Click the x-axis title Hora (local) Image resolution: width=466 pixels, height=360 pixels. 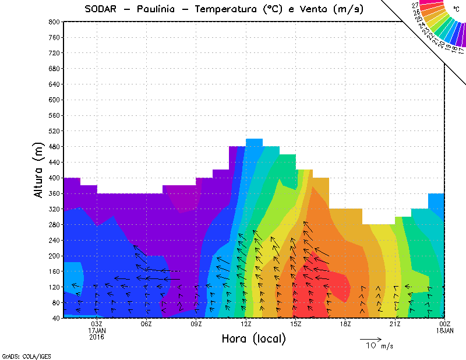(x=253, y=338)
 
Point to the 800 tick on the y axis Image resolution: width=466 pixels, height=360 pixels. (x=54, y=22)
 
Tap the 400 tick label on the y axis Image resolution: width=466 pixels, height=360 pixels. (x=54, y=178)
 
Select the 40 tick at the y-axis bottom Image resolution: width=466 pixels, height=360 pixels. (x=56, y=318)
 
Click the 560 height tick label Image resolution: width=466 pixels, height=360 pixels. (x=54, y=115)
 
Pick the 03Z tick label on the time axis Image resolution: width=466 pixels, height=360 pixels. (x=97, y=324)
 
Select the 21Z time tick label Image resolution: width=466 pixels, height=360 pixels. (x=395, y=324)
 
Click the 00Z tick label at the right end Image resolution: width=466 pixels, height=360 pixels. (x=444, y=324)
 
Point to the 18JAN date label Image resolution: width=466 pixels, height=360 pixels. (x=444, y=330)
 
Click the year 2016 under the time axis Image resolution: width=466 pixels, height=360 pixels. (x=97, y=337)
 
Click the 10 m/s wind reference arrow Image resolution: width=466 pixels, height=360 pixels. (x=370, y=338)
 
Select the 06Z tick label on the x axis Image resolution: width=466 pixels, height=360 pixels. (x=146, y=324)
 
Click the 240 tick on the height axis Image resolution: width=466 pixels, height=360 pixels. (x=54, y=240)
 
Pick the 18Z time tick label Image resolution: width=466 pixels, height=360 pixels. (x=345, y=324)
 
